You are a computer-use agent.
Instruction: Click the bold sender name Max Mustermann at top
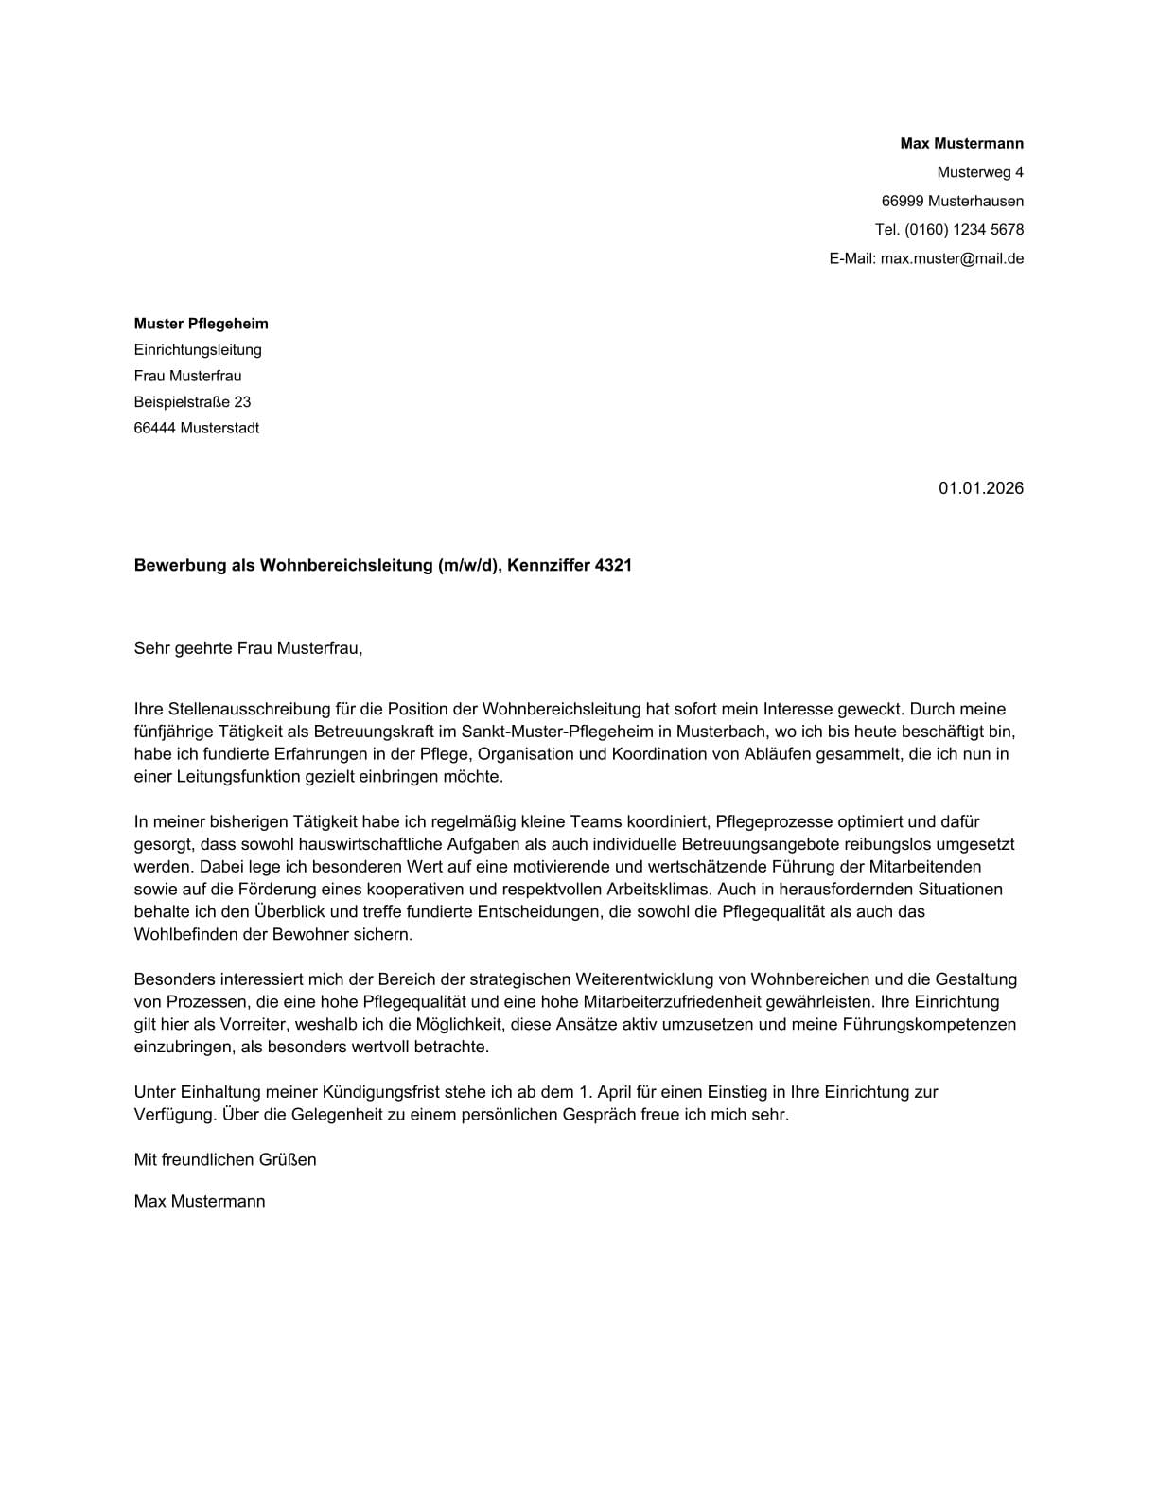961,144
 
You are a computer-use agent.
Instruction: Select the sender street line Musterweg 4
979,172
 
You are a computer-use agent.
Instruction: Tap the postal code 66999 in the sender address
903,201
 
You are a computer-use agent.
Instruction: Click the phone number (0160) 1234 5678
963,230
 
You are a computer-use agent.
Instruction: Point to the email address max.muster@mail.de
952,258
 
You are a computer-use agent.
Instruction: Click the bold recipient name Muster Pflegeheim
201,324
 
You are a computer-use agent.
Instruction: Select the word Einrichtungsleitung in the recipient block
198,350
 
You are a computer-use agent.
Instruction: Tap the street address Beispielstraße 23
192,402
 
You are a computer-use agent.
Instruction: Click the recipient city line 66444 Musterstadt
196,428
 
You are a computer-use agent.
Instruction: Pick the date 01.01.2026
980,488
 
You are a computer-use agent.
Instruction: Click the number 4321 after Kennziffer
613,566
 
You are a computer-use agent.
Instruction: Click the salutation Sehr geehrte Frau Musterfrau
248,649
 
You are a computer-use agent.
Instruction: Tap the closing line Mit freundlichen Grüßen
224,1159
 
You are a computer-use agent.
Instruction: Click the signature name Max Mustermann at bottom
199,1202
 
